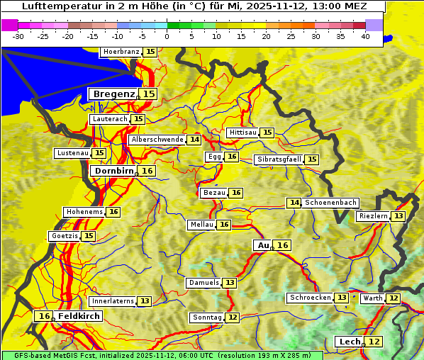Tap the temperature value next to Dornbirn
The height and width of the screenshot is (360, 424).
point(147,171)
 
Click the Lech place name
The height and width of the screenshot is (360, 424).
point(350,342)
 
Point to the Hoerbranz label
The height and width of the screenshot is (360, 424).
point(120,52)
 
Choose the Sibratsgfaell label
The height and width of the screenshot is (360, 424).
point(279,159)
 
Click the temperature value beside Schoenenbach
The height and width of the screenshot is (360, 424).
point(294,203)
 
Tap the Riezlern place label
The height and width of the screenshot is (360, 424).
point(373,216)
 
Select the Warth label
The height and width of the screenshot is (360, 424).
point(372,298)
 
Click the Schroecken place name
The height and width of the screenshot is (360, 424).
point(310,298)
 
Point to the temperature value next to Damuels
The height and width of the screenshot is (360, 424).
point(230,283)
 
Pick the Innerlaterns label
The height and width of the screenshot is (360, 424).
point(113,301)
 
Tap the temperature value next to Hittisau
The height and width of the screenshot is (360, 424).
point(267,133)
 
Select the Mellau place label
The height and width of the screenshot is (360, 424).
point(201,225)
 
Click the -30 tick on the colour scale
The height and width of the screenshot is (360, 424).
point(18,35)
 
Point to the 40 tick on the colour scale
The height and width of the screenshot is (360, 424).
point(365,35)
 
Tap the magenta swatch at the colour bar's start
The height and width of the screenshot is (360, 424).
point(9,25)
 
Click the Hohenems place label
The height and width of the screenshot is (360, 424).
point(84,212)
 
